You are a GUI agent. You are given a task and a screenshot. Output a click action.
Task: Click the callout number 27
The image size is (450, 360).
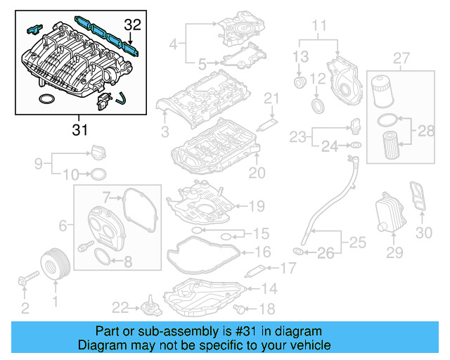pyautogui.click(x=401, y=57)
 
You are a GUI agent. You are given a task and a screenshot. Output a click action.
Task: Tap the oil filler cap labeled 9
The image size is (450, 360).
pyautogui.click(x=96, y=153)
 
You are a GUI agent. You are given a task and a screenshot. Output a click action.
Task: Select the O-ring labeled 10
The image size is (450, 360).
pyautogui.click(x=99, y=174)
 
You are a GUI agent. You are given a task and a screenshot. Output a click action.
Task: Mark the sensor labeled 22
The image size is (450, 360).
pyautogui.click(x=147, y=309)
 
